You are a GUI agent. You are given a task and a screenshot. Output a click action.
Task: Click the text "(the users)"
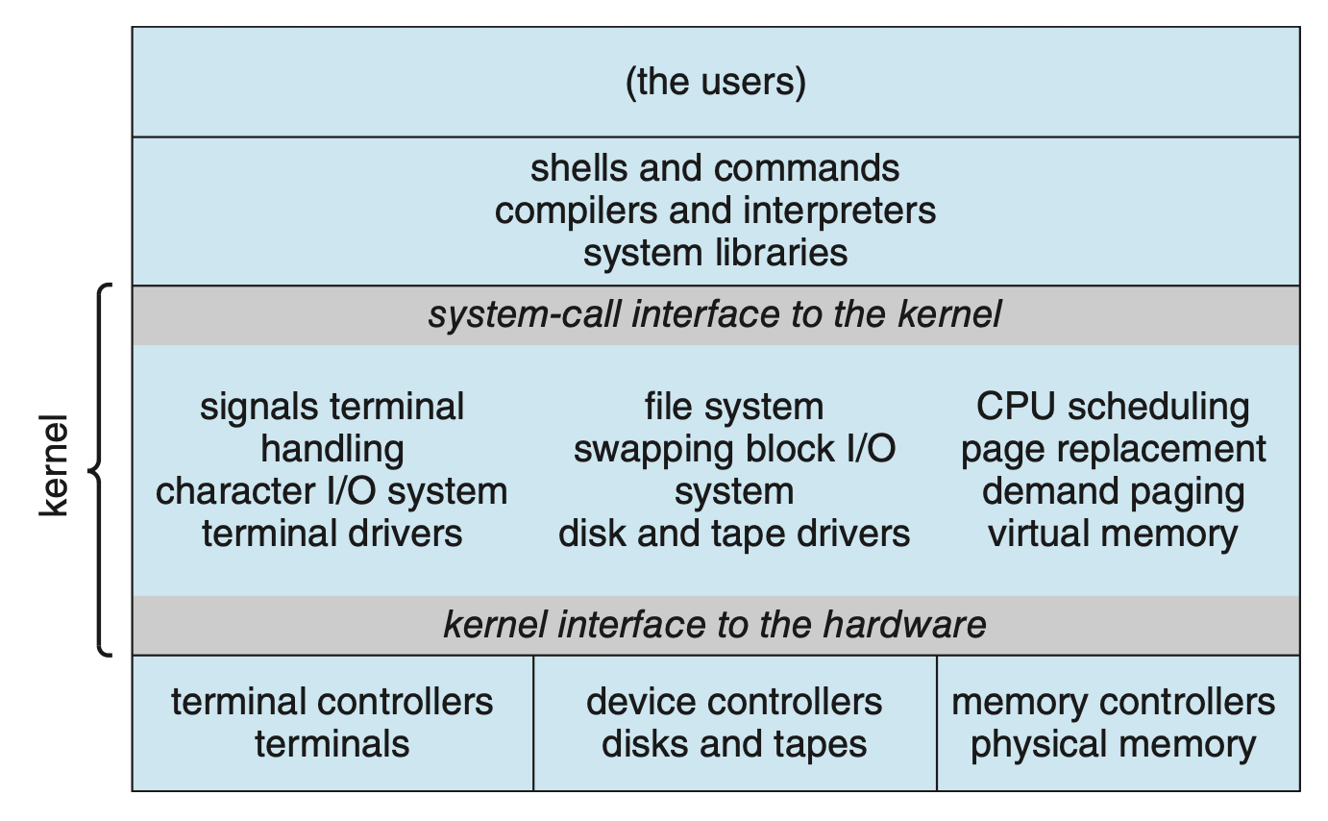pyautogui.click(x=715, y=83)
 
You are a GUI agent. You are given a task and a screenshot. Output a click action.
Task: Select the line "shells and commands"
pyautogui.click(x=715, y=168)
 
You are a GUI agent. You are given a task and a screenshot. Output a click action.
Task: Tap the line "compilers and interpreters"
pyautogui.click(x=715, y=211)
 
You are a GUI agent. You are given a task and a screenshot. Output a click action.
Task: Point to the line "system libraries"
pyautogui.click(x=715, y=253)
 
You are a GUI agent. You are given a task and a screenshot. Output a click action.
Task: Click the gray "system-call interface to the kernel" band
pyautogui.click(x=715, y=314)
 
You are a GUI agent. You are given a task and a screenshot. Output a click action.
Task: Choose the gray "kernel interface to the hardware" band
pyautogui.click(x=715, y=625)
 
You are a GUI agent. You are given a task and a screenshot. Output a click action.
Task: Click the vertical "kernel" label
pyautogui.click(x=55, y=466)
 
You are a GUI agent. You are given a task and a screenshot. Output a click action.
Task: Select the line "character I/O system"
pyautogui.click(x=332, y=491)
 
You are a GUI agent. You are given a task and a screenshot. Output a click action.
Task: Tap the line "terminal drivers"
pyautogui.click(x=332, y=533)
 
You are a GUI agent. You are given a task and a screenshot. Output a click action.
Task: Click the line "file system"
pyautogui.click(x=734, y=407)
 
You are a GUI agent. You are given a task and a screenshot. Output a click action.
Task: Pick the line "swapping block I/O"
pyautogui.click(x=734, y=449)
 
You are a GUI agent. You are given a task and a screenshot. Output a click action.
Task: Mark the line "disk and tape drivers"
pyautogui.click(x=734, y=533)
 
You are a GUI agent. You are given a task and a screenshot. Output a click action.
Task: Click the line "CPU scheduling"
pyautogui.click(x=1113, y=407)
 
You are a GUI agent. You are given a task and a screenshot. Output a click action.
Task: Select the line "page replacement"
pyautogui.click(x=1113, y=449)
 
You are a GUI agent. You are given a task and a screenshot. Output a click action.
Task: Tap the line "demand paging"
pyautogui.click(x=1113, y=491)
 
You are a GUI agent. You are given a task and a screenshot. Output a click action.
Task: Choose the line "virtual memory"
pyautogui.click(x=1113, y=533)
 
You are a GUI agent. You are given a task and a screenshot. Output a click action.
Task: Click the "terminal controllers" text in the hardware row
pyautogui.click(x=332, y=702)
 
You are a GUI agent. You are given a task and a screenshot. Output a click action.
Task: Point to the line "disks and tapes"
pyautogui.click(x=734, y=744)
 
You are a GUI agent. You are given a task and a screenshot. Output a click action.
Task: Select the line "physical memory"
pyautogui.click(x=1113, y=744)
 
